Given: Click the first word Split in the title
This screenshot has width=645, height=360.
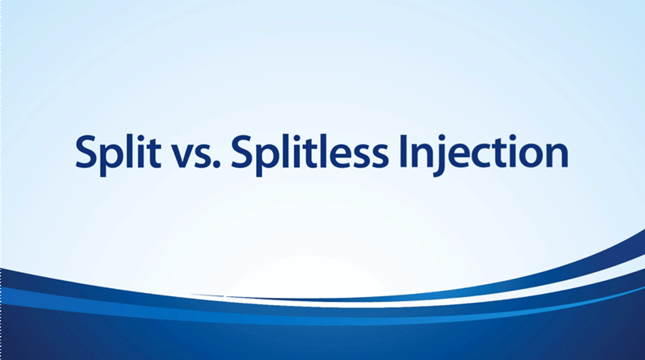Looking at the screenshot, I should click(118, 152).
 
